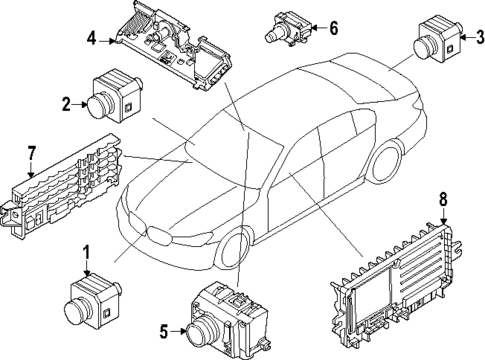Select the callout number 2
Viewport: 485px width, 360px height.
pyautogui.click(x=65, y=103)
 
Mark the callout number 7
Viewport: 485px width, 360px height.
pyautogui.click(x=31, y=153)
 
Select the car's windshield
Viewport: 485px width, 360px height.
pyautogui.click(x=225, y=146)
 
